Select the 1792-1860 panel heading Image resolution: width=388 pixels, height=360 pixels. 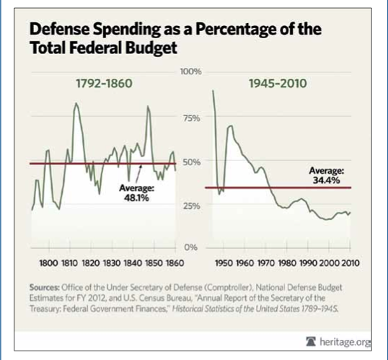coord(104,84)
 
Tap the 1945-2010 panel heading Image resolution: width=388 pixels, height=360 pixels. coord(278,84)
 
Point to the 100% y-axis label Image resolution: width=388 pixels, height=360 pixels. coord(190,73)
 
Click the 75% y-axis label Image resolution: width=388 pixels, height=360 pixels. coord(191,118)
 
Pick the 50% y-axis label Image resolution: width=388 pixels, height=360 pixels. coord(191,162)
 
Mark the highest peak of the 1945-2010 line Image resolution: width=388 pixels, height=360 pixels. coord(213,91)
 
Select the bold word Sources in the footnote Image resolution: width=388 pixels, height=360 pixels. coord(47,286)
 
